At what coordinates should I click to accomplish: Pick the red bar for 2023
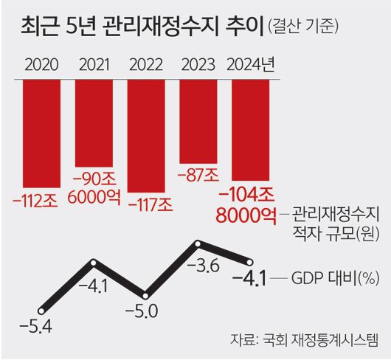pyautogui.click(x=198, y=118)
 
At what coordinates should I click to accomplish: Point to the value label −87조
pyautogui.click(x=198, y=176)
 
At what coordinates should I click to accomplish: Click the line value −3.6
pyautogui.click(x=204, y=266)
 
